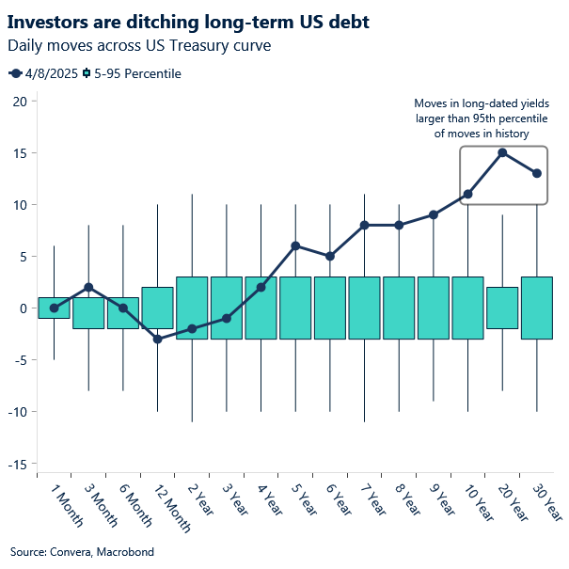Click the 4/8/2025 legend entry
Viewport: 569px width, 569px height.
tap(41, 73)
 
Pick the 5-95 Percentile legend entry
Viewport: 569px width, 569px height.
tap(132, 73)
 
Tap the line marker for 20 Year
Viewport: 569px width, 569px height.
tap(502, 152)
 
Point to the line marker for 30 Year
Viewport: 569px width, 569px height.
tap(537, 173)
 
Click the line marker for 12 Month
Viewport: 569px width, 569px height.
tap(157, 339)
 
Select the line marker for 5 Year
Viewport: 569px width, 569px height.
tap(295, 245)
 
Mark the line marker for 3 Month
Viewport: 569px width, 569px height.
tap(88, 287)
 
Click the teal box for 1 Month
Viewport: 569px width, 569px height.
tap(54, 308)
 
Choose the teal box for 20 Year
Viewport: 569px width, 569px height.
tap(502, 308)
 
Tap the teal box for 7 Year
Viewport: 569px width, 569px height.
tap(364, 308)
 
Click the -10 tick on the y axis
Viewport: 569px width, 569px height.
tap(15, 411)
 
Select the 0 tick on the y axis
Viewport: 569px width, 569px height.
tap(20, 308)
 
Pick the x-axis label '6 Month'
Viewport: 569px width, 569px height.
tap(132, 502)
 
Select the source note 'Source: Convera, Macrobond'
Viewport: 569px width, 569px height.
tap(82, 551)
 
